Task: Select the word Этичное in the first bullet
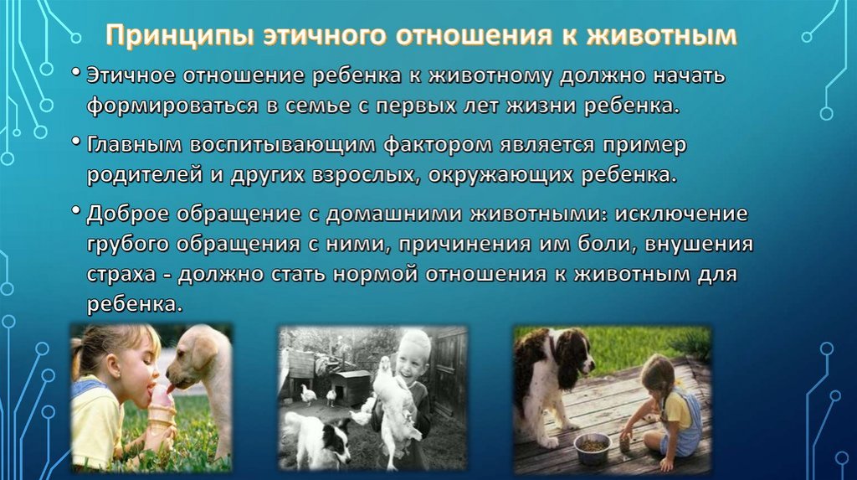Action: pyautogui.click(x=131, y=75)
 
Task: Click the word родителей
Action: pyautogui.click(x=145, y=175)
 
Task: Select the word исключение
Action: pyautogui.click(x=681, y=214)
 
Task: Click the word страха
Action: pyautogui.click(x=121, y=274)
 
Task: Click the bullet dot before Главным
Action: pyautogui.click(x=76, y=142)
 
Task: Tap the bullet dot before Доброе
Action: pyautogui.click(x=76, y=210)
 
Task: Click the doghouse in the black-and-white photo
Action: pyautogui.click(x=351, y=386)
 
